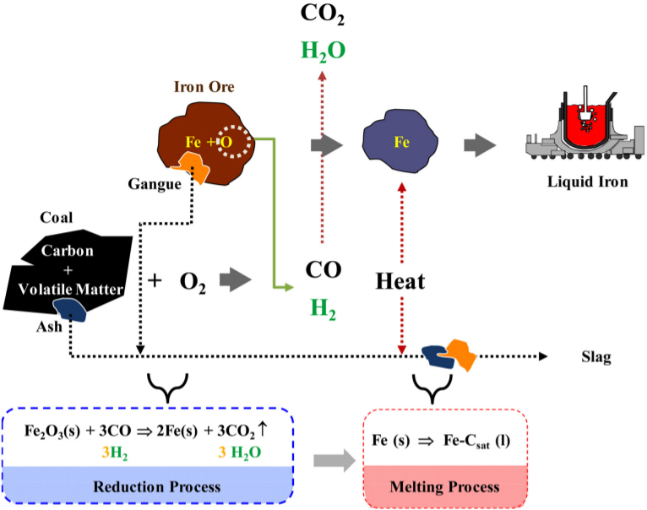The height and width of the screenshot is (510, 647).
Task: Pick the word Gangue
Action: point(154,182)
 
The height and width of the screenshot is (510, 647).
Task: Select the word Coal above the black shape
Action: point(57,217)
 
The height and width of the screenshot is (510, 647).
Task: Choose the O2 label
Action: point(193,280)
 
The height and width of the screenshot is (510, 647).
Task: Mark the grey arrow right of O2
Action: point(236,280)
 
